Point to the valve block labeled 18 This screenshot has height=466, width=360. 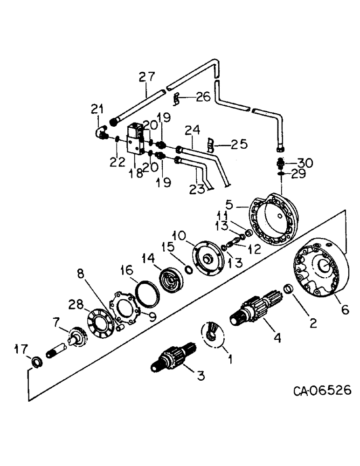click(x=134, y=138)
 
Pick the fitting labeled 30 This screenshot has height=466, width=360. click(x=281, y=164)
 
